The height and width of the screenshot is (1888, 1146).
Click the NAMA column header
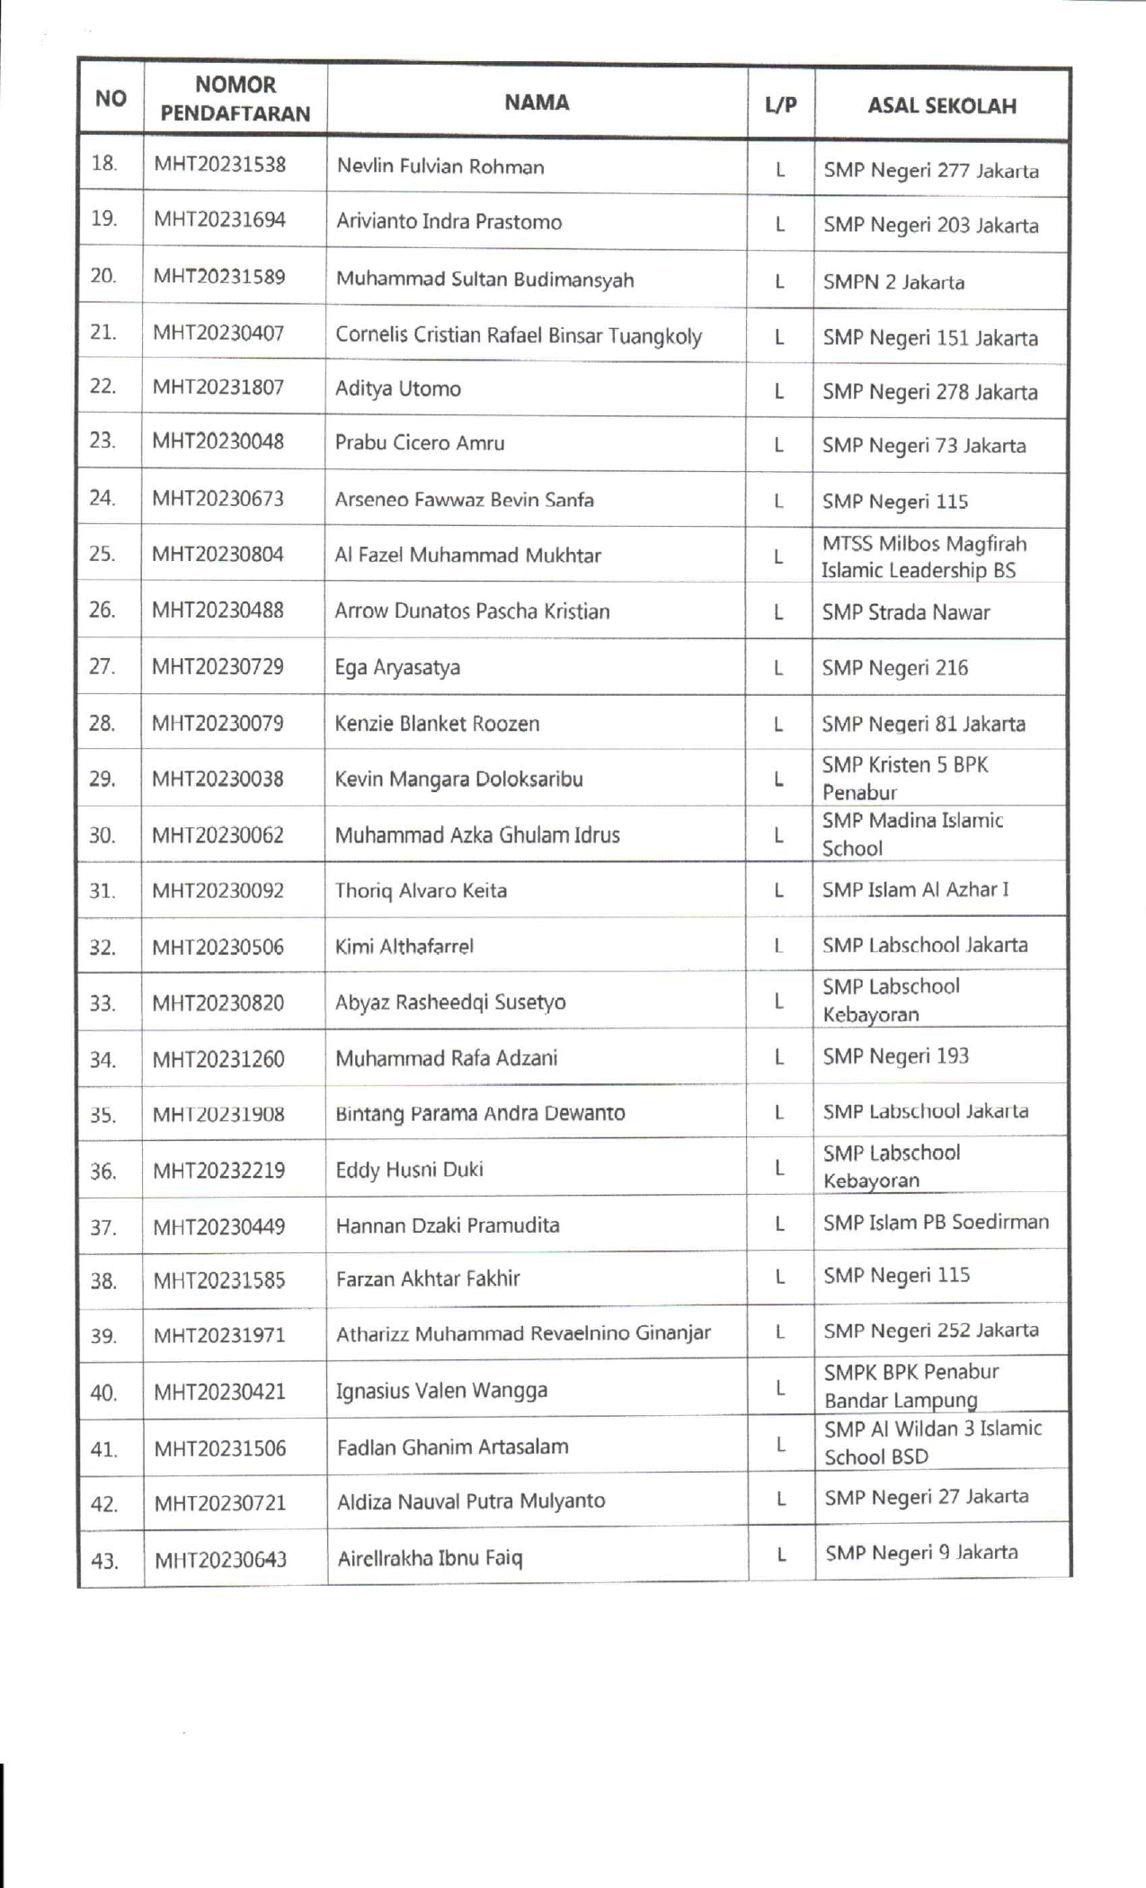pos(537,102)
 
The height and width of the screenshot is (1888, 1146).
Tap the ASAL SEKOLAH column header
pos(941,106)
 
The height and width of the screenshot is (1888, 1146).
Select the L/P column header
pos(780,105)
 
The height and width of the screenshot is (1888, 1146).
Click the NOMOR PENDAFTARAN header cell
pos(235,99)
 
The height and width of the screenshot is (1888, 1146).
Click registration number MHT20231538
pos(219,165)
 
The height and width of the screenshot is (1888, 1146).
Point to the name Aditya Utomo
pos(397,389)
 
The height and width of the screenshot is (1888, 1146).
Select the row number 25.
pos(102,554)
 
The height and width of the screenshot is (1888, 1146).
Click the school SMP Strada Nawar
pos(905,612)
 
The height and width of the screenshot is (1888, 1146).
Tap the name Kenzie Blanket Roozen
pos(437,724)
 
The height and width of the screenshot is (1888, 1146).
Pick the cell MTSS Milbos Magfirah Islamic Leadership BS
pos(922,557)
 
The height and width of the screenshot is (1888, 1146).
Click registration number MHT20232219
pos(218,1171)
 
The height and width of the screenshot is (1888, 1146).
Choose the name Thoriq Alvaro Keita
pos(421,891)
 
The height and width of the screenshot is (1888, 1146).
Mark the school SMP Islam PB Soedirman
pos(936,1222)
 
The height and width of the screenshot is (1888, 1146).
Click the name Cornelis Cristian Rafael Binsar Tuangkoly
pos(518,336)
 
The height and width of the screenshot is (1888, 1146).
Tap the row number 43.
pos(104,1561)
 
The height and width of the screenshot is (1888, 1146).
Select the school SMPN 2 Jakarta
pos(893,282)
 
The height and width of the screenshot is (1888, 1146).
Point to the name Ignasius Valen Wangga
pos(441,1391)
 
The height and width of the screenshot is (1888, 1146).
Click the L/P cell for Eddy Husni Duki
pos(779,1168)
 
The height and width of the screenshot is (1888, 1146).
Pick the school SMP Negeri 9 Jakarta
pos(921,1553)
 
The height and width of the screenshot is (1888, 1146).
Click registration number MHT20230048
pos(218,441)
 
